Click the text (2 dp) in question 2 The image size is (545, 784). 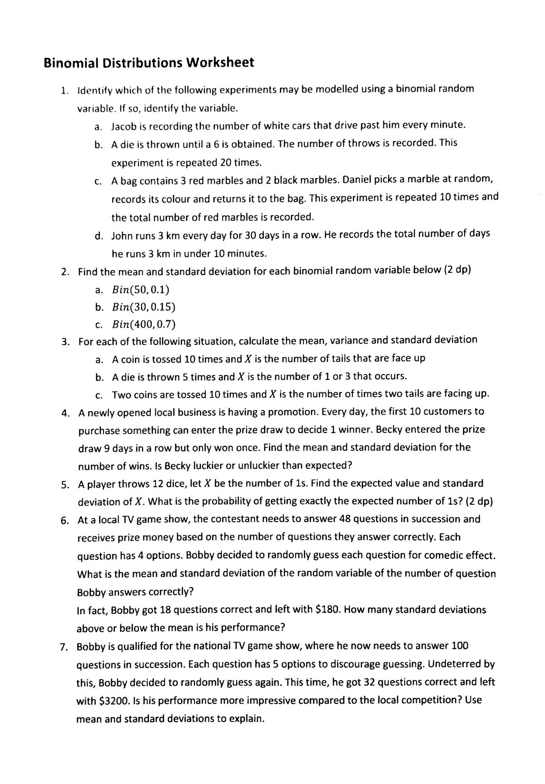pos(457,270)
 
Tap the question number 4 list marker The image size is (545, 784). pos(65,413)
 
